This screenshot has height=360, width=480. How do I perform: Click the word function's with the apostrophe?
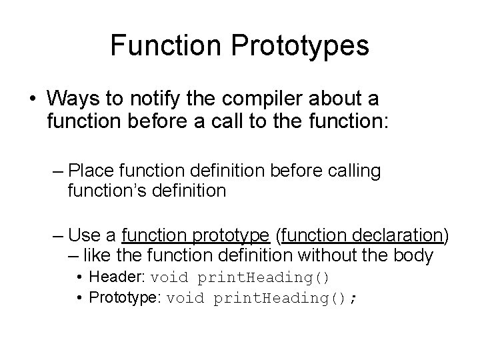tap(106, 191)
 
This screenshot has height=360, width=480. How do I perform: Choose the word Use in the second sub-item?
tap(85, 235)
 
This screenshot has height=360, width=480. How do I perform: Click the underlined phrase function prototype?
tap(196, 235)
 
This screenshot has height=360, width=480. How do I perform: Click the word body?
tap(415, 255)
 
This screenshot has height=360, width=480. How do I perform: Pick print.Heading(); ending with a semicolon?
tap(285, 297)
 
